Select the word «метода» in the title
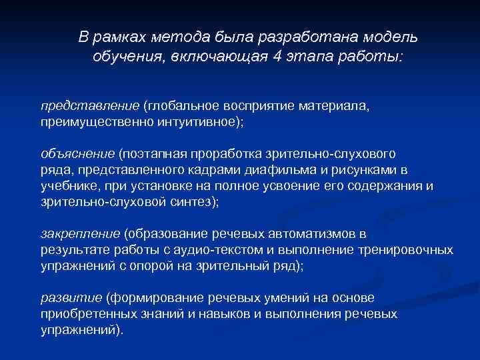182,35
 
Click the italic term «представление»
89,105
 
